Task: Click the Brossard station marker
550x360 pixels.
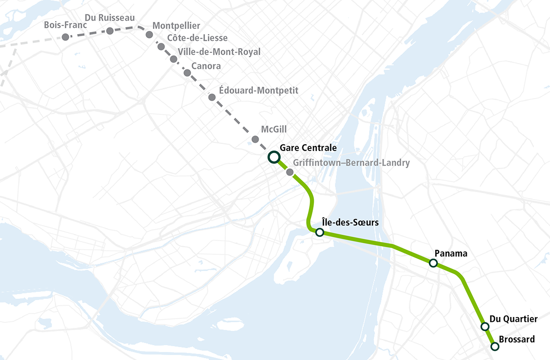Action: (494, 346)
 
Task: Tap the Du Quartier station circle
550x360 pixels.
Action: (485, 326)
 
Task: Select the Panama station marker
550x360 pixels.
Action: (433, 263)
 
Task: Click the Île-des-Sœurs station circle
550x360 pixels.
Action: (319, 232)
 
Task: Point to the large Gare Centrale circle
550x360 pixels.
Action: (274, 157)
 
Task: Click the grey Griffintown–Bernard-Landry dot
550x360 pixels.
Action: (290, 172)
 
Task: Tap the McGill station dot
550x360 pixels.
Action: (255, 140)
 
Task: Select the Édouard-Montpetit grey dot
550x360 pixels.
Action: (212, 97)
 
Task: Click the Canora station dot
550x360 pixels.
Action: (187, 73)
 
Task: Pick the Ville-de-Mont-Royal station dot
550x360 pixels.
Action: (173, 59)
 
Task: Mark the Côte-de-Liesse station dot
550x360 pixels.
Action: (161, 47)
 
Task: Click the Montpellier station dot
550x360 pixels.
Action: (149, 35)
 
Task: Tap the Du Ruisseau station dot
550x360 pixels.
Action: (110, 31)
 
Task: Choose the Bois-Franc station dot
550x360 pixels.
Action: (65, 37)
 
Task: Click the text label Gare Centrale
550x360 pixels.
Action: (308, 148)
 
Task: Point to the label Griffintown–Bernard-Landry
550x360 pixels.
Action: (351, 163)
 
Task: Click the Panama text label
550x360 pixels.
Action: (451, 253)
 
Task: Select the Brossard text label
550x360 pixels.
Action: (517, 339)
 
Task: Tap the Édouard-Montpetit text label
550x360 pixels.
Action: (258, 91)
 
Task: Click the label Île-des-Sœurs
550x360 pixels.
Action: (350, 222)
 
